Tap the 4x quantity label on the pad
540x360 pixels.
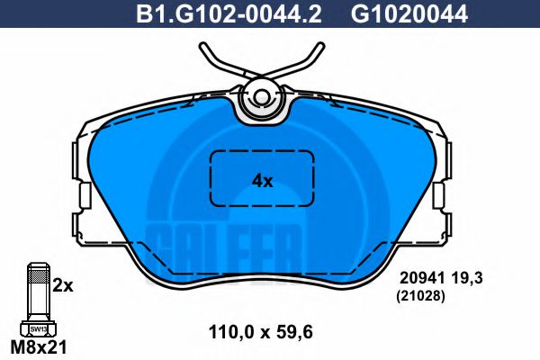[262, 181]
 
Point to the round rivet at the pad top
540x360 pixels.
[262, 98]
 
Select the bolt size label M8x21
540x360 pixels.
[39, 346]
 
